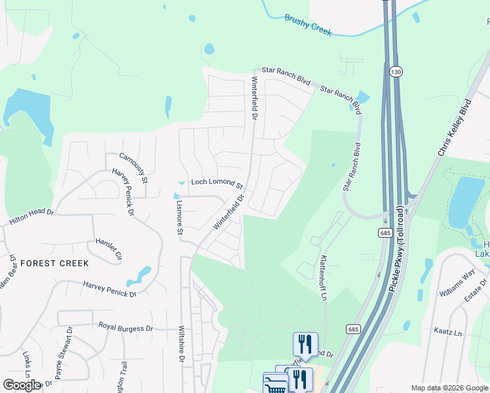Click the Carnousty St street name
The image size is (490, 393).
(x=134, y=168)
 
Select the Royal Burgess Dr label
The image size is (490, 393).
(x=125, y=327)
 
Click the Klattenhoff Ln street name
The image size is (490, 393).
(x=323, y=277)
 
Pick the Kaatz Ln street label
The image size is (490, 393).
(x=449, y=333)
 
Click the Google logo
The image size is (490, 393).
(x=22, y=385)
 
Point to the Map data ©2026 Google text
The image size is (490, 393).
(x=449, y=388)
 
